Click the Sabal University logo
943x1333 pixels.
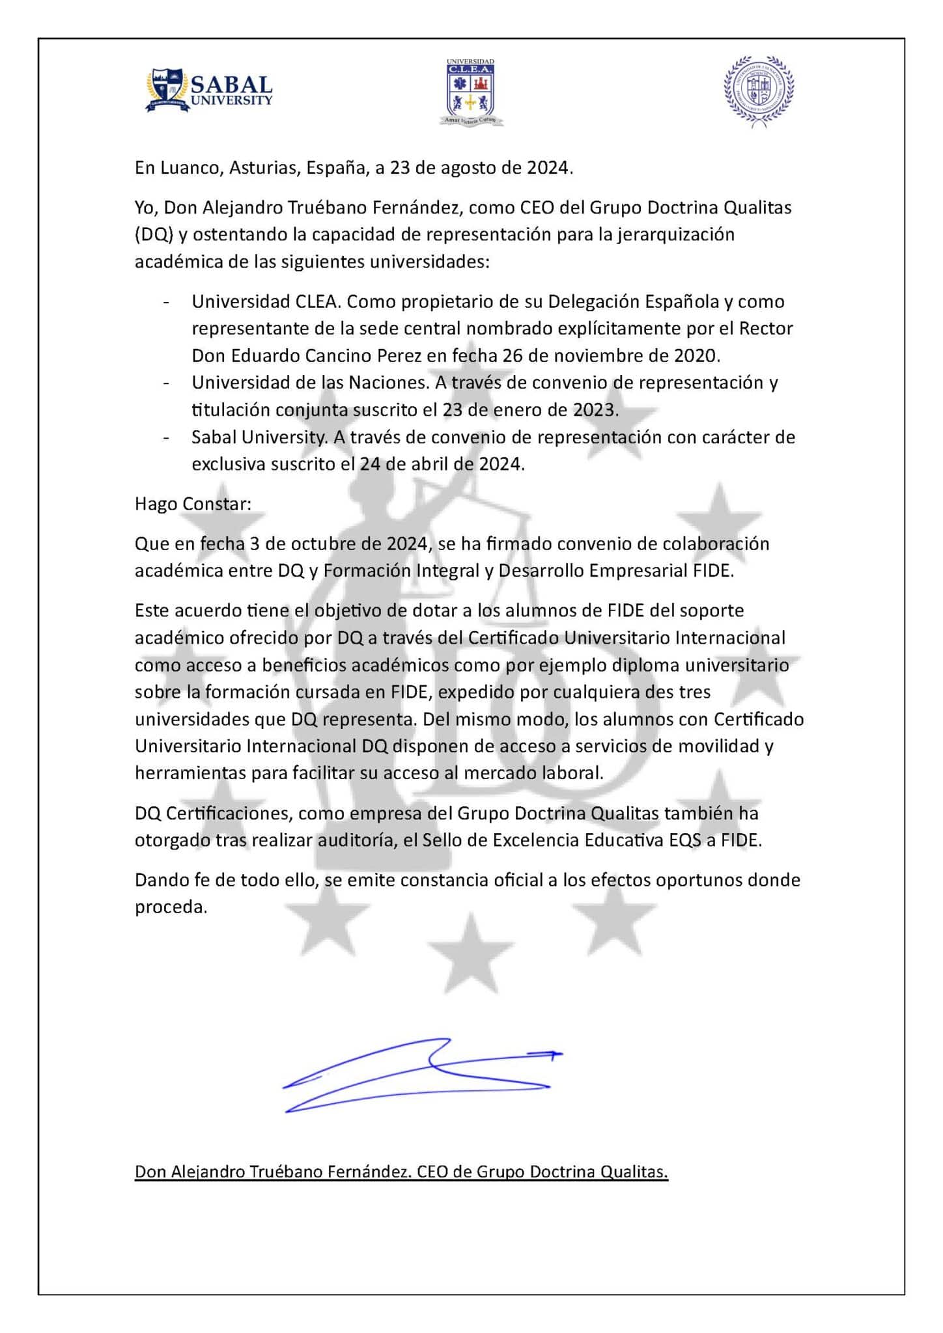[208, 90]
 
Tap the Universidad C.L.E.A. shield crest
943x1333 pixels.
[470, 92]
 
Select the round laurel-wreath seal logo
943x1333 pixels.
[759, 90]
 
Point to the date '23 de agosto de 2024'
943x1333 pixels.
[479, 168]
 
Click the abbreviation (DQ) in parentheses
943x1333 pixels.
[154, 235]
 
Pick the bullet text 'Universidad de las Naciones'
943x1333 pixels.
[309, 383]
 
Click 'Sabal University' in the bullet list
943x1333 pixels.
[259, 437]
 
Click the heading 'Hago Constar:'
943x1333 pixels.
[193, 504]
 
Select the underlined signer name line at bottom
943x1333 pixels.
[401, 1172]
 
